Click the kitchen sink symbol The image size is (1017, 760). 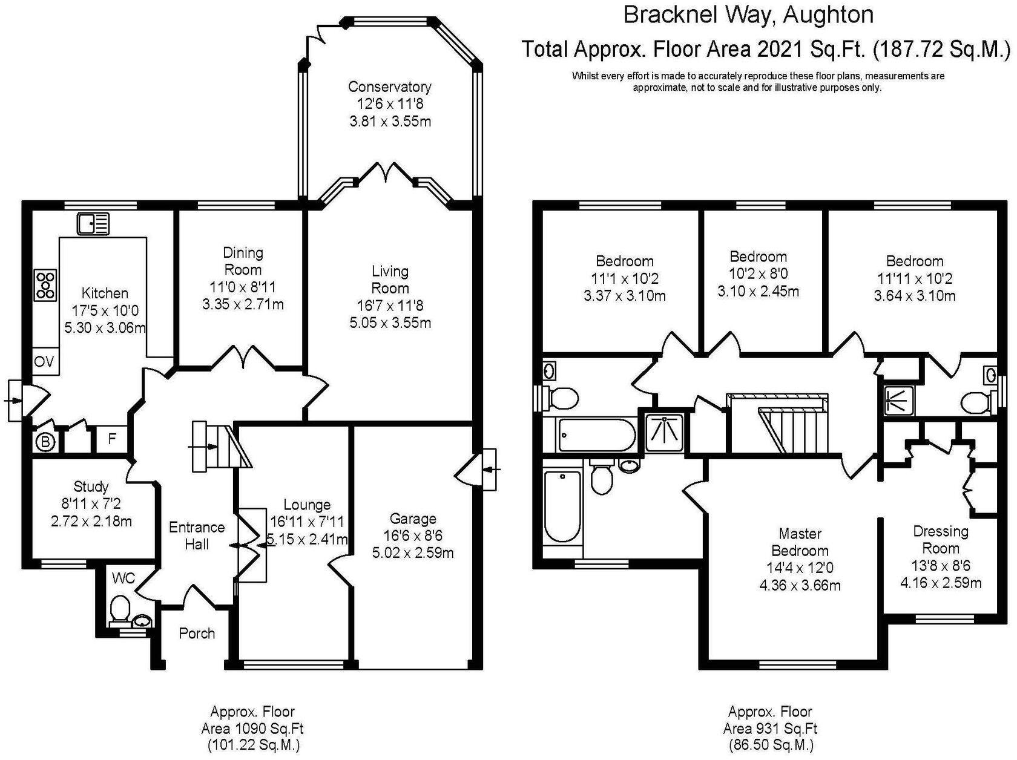pos(93,223)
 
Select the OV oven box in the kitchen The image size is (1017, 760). pos(44,362)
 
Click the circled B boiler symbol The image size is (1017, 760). pos(45,442)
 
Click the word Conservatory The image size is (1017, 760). pos(389,87)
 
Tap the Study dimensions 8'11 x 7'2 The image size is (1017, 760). pos(91,503)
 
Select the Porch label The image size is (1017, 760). pos(197,634)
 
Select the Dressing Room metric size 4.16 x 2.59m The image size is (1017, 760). pos(940,583)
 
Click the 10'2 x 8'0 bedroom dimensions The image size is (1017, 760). pos(758,274)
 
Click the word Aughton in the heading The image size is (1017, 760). pos(829,15)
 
